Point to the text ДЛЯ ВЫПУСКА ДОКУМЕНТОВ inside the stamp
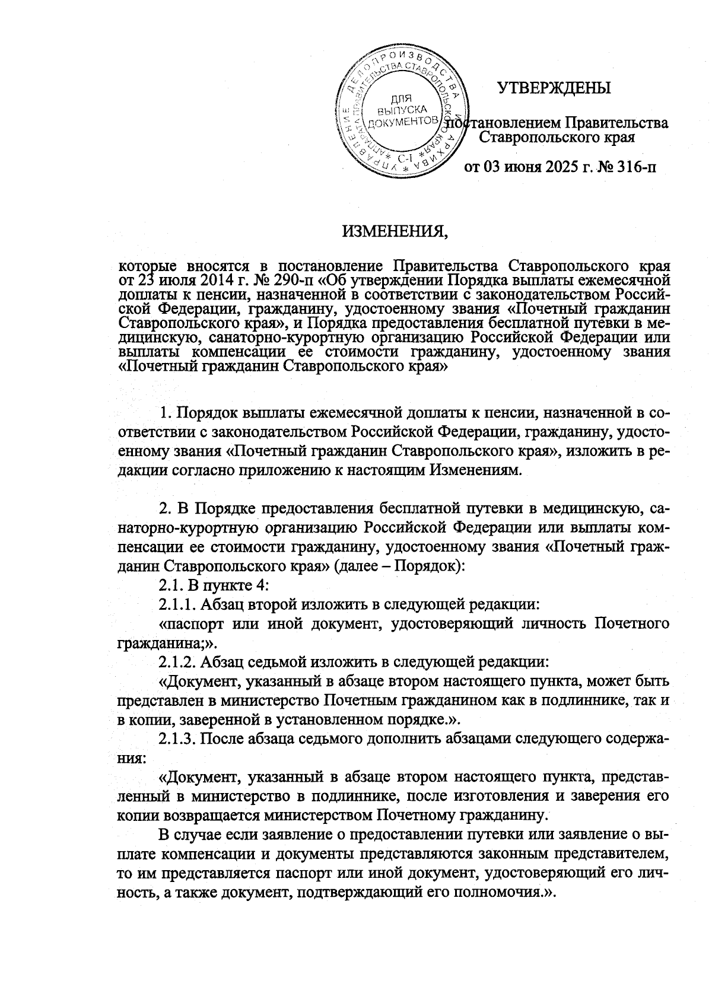tap(402, 111)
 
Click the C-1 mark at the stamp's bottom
tap(405, 158)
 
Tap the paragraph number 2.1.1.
tap(177, 604)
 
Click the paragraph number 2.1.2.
tap(178, 661)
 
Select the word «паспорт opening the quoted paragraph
tap(193, 623)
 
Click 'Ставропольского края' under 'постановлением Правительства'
tap(557, 138)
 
